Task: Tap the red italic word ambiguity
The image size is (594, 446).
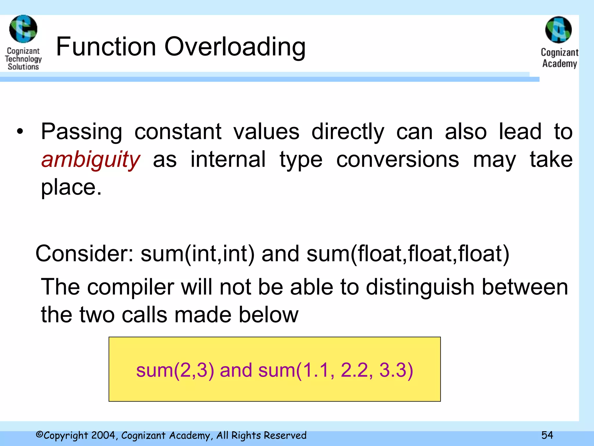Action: [x=91, y=160]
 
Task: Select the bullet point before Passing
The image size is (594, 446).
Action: [x=20, y=132]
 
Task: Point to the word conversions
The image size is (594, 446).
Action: [x=398, y=160]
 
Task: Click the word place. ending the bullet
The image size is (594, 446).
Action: [x=71, y=187]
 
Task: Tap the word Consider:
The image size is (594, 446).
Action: [x=84, y=253]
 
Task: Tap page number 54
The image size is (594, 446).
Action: [x=547, y=435]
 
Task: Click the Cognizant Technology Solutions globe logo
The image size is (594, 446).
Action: [x=23, y=29]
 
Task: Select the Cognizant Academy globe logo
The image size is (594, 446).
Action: [x=558, y=30]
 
